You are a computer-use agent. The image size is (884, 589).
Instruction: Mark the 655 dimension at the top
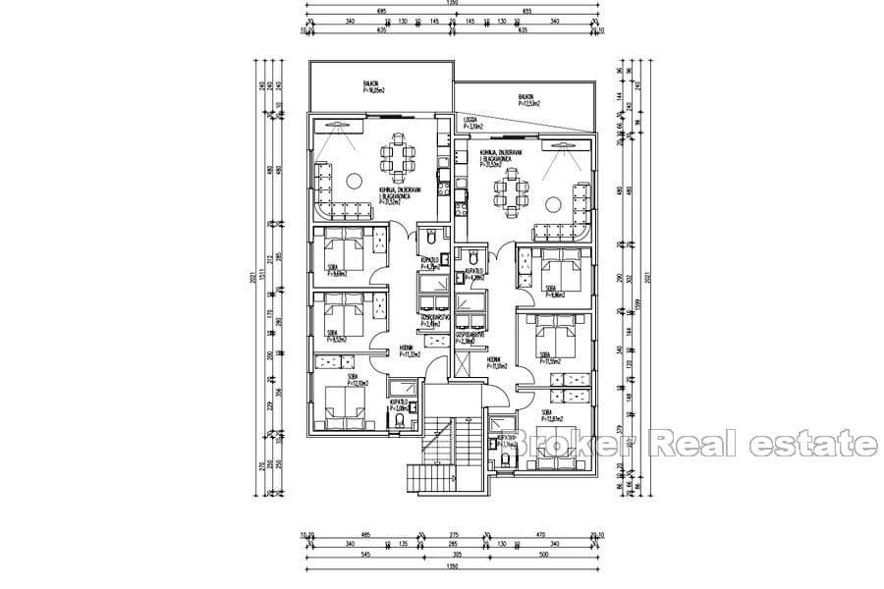point(525,10)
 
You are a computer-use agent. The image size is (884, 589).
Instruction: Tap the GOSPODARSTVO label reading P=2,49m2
point(435,323)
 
